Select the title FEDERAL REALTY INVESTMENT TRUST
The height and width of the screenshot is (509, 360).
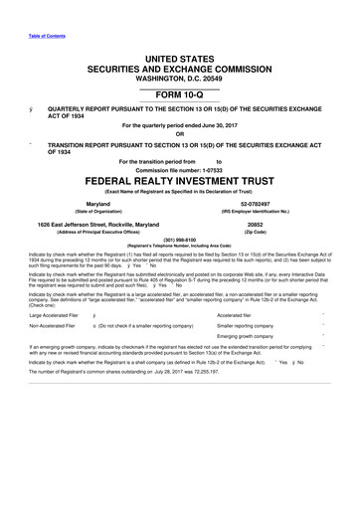point(180,184)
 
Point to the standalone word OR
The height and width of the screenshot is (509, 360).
point(180,134)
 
